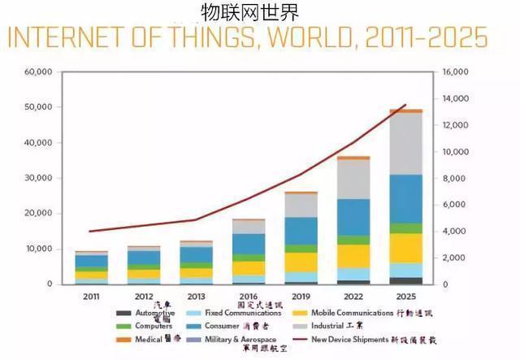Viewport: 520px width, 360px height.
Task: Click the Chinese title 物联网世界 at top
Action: tap(249, 11)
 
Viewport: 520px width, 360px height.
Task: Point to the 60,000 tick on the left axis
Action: tap(38, 72)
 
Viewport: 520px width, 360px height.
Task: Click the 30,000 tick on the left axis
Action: tap(38, 178)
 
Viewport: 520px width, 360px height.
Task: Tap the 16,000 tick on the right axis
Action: tap(454, 72)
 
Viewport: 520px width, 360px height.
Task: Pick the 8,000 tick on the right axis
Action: tap(454, 178)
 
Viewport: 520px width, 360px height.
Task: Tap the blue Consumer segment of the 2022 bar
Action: tap(353, 216)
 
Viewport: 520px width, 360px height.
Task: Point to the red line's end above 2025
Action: tap(405, 106)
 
